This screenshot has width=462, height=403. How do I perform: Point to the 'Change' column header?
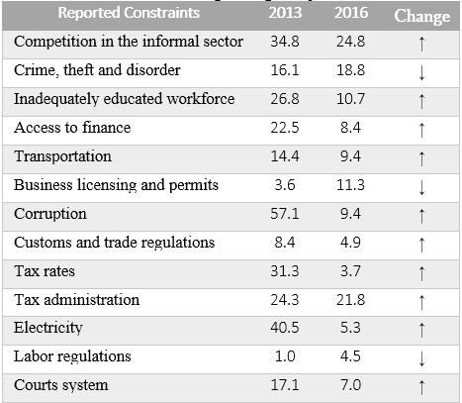click(x=421, y=16)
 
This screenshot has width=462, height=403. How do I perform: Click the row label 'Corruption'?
click(x=50, y=213)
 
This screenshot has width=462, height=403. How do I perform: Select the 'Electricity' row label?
click(x=48, y=327)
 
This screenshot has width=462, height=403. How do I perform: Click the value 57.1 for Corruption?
click(x=285, y=213)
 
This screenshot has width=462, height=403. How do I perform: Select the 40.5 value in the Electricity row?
click(x=285, y=327)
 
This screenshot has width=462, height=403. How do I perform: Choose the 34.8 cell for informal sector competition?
click(x=285, y=43)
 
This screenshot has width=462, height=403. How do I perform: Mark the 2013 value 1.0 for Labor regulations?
click(x=285, y=355)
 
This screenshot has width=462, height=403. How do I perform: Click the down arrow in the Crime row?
click(x=422, y=72)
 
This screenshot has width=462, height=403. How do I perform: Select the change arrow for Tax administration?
click(x=422, y=300)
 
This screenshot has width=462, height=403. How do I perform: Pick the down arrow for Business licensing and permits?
click(x=422, y=186)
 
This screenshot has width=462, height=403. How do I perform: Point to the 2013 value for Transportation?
click(x=285, y=156)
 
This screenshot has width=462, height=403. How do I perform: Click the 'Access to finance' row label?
click(x=72, y=128)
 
